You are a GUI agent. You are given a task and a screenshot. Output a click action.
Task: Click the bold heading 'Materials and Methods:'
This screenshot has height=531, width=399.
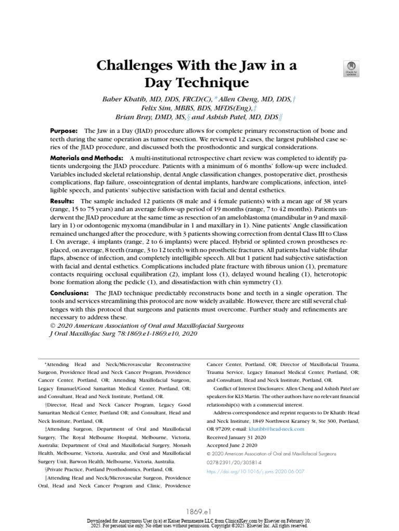[x=86, y=157]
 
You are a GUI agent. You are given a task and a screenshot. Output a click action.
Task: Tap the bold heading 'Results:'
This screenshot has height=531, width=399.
[x=63, y=201]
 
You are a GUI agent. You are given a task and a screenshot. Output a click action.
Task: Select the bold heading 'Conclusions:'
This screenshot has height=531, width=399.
[x=71, y=293]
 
